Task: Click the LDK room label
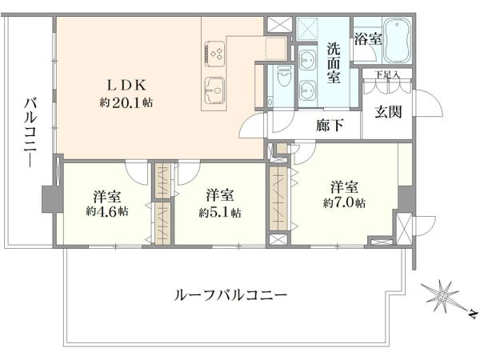coord(126,86)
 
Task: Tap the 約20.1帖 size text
coord(126,102)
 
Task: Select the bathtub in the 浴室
coord(397,40)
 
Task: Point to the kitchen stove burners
coord(215,54)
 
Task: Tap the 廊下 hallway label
coord(330,126)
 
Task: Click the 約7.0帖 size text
coord(344,202)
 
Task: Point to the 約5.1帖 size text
coord(220,212)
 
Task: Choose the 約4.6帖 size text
coord(107,211)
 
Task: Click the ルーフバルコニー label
coord(231,295)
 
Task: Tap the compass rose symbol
coord(442,296)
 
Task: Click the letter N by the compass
coord(473,314)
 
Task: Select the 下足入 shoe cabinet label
coord(387,74)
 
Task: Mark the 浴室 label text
coord(368,39)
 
